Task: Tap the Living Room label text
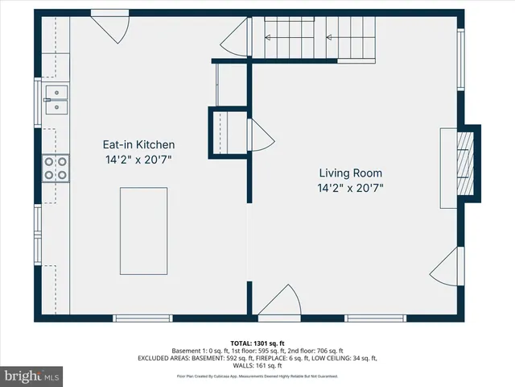pos(350,173)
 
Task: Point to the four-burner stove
pos(56,167)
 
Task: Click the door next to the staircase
pos(239,39)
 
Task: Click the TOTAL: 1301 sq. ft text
pos(257,343)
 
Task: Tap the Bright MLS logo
pos(32,375)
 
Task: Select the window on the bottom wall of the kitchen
pos(142,318)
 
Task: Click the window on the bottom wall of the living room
pos(375,318)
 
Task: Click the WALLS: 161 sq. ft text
pos(257,365)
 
